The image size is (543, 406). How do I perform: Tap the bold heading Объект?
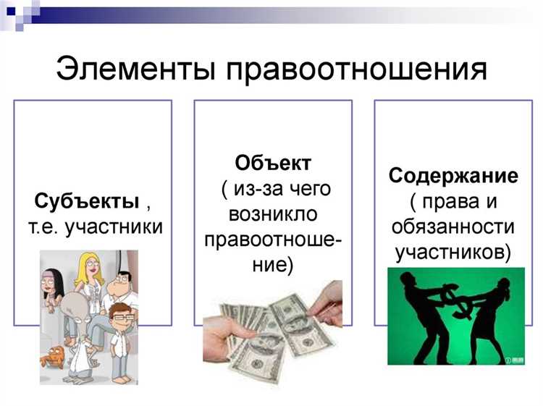coord(273,161)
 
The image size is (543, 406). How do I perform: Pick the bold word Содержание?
coord(453,176)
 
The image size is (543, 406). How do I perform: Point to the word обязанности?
coord(453,227)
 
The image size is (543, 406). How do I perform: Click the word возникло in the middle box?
coord(273,213)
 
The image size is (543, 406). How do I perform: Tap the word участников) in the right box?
coord(453,252)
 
